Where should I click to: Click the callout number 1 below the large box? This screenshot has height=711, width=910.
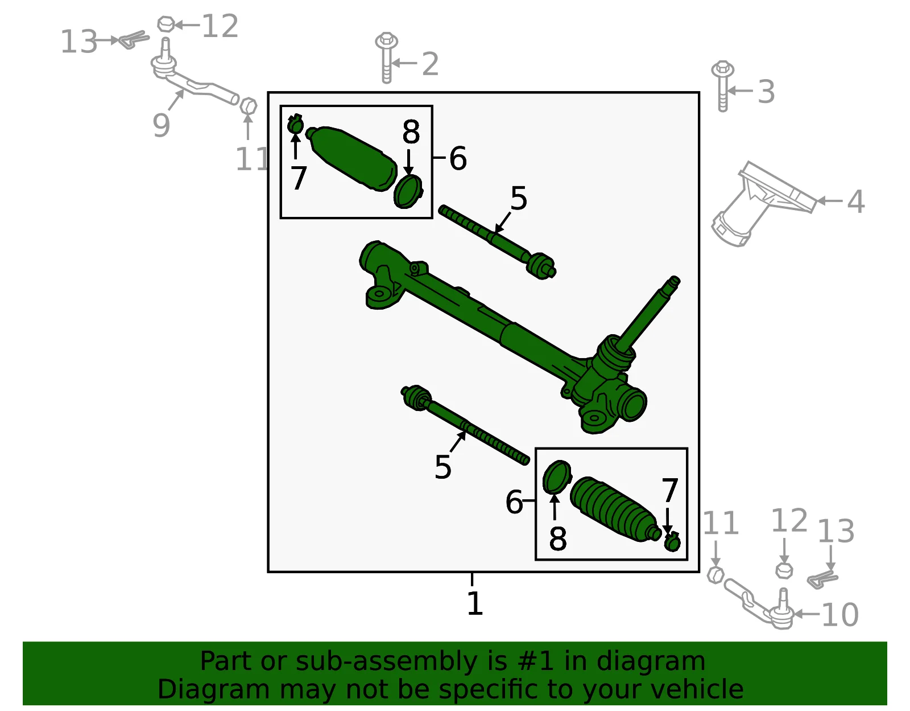click(x=475, y=603)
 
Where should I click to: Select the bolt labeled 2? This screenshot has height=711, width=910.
click(x=386, y=57)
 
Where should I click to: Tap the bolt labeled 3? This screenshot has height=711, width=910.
click(x=722, y=86)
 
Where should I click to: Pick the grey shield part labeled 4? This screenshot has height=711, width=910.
click(x=763, y=204)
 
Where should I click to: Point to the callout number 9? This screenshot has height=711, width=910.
click(x=161, y=125)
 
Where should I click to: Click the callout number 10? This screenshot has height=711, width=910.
click(x=840, y=615)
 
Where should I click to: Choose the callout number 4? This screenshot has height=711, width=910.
click(x=855, y=202)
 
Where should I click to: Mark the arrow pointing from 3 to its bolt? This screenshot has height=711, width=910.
click(x=740, y=91)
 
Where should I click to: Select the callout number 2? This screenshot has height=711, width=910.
click(x=430, y=64)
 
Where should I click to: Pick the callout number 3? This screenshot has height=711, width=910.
click(x=766, y=91)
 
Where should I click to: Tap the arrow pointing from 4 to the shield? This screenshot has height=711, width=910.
click(x=830, y=201)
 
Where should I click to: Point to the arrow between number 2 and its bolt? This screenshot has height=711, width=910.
click(x=404, y=63)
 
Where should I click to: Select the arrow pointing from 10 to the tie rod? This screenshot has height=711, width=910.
click(x=806, y=614)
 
